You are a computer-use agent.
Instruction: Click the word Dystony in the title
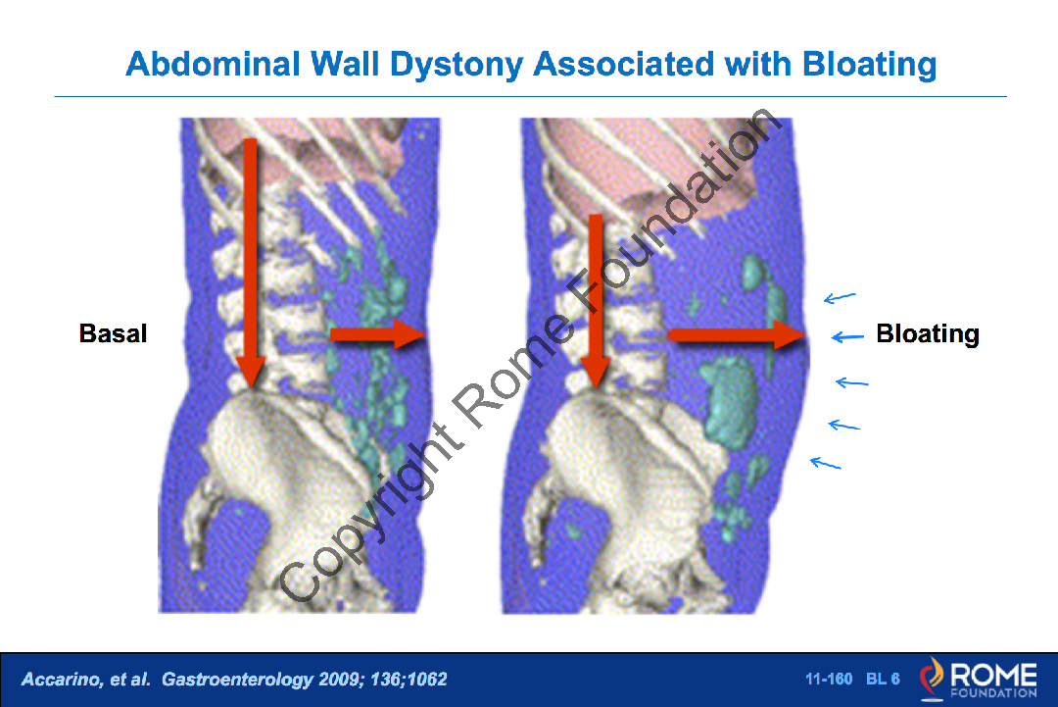tap(457, 66)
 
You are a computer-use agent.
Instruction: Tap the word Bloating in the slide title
tap(869, 66)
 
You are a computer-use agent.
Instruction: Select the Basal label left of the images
tap(113, 333)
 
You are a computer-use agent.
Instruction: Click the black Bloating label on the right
tap(928, 334)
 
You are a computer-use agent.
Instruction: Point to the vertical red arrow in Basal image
tap(251, 264)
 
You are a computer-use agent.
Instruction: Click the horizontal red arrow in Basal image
tap(377, 333)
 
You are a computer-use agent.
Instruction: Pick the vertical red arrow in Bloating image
tap(596, 301)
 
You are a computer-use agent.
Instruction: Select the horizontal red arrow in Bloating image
tap(737, 334)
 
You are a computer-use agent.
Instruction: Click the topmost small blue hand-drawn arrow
tap(840, 297)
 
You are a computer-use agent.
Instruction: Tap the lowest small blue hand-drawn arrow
tap(825, 463)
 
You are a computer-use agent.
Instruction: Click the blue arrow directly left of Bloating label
tap(847, 336)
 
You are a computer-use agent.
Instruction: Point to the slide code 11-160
tap(829, 679)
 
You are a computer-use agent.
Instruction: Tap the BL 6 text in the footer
tap(883, 679)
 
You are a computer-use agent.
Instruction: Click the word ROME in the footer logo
tap(994, 674)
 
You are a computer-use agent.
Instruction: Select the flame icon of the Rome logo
tap(932, 678)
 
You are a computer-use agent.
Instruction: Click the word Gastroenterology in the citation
tap(237, 680)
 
